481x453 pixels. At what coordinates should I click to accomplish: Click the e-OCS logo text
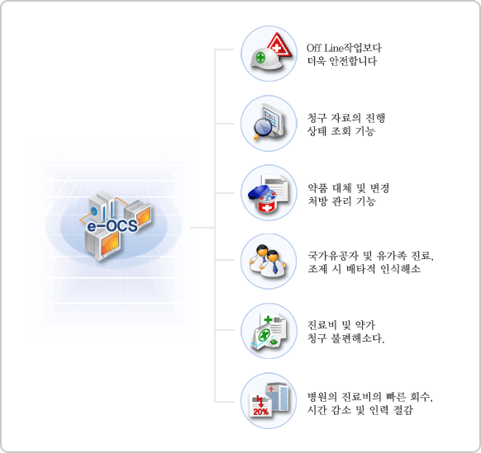112,226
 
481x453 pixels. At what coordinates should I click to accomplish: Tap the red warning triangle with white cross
279,45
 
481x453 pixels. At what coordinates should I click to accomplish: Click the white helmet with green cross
264,59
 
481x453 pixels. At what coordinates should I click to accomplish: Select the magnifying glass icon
261,129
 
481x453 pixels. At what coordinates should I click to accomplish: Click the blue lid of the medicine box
259,192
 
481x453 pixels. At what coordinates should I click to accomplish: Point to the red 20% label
260,412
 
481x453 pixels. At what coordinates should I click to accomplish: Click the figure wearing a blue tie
274,263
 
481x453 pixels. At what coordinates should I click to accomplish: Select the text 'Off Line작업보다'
344,48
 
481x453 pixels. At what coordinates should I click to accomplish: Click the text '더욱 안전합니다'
342,61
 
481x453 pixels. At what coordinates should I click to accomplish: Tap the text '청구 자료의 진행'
346,118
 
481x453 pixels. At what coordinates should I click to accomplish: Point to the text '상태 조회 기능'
341,131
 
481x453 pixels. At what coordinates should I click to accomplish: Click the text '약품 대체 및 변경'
349,188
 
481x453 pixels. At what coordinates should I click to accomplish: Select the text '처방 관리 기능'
341,201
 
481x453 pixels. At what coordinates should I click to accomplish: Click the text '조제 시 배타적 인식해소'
364,269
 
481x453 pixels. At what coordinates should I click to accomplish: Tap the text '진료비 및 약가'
341,325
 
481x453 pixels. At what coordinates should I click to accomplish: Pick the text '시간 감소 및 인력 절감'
360,409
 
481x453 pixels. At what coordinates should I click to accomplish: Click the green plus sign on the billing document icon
268,320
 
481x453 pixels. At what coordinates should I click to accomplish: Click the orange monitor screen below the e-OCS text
110,244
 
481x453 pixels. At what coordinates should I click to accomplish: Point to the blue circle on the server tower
94,211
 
